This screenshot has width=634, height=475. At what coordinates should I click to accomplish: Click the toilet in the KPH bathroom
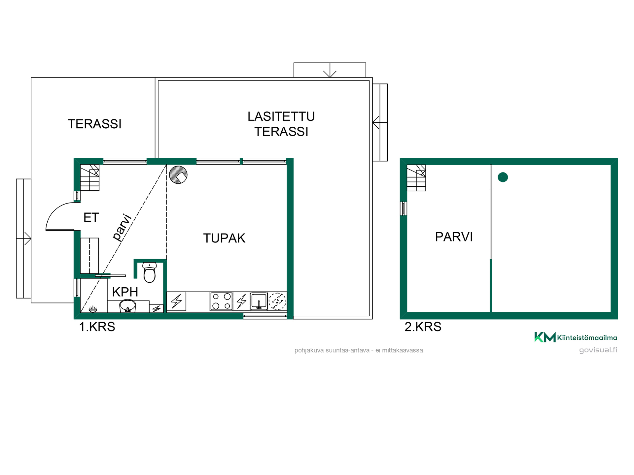(x=150, y=272)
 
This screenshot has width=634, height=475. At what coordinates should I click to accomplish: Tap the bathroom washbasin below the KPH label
(x=127, y=306)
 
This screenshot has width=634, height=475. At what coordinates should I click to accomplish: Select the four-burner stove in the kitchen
(x=221, y=301)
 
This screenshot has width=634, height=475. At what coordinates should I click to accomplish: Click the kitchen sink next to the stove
(x=259, y=301)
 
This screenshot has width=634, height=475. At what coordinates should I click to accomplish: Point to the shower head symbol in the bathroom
(x=93, y=309)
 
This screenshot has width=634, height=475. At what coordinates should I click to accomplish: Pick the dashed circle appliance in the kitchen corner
(x=277, y=301)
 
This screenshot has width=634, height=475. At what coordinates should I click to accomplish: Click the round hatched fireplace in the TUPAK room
(x=178, y=174)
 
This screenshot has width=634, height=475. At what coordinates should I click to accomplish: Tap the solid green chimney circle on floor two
(x=503, y=177)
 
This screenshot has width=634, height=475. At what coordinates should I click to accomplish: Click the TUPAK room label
(x=224, y=238)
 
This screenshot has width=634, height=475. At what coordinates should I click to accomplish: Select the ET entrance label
(x=91, y=217)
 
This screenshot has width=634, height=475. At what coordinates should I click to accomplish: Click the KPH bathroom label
(x=125, y=292)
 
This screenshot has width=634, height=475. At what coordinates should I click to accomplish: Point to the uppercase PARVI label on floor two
(x=454, y=237)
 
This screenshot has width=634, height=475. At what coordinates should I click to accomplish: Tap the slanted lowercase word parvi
(x=123, y=228)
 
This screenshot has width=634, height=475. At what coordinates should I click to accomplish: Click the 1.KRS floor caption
(x=97, y=327)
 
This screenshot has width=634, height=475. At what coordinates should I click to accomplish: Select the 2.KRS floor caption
(x=423, y=327)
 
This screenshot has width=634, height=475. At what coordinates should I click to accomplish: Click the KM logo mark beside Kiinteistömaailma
(x=545, y=337)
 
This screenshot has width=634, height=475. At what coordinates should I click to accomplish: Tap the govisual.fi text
(x=598, y=350)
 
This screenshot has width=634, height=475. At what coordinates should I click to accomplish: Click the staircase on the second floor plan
(x=416, y=178)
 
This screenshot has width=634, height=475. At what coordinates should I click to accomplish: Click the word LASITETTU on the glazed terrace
(x=281, y=116)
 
